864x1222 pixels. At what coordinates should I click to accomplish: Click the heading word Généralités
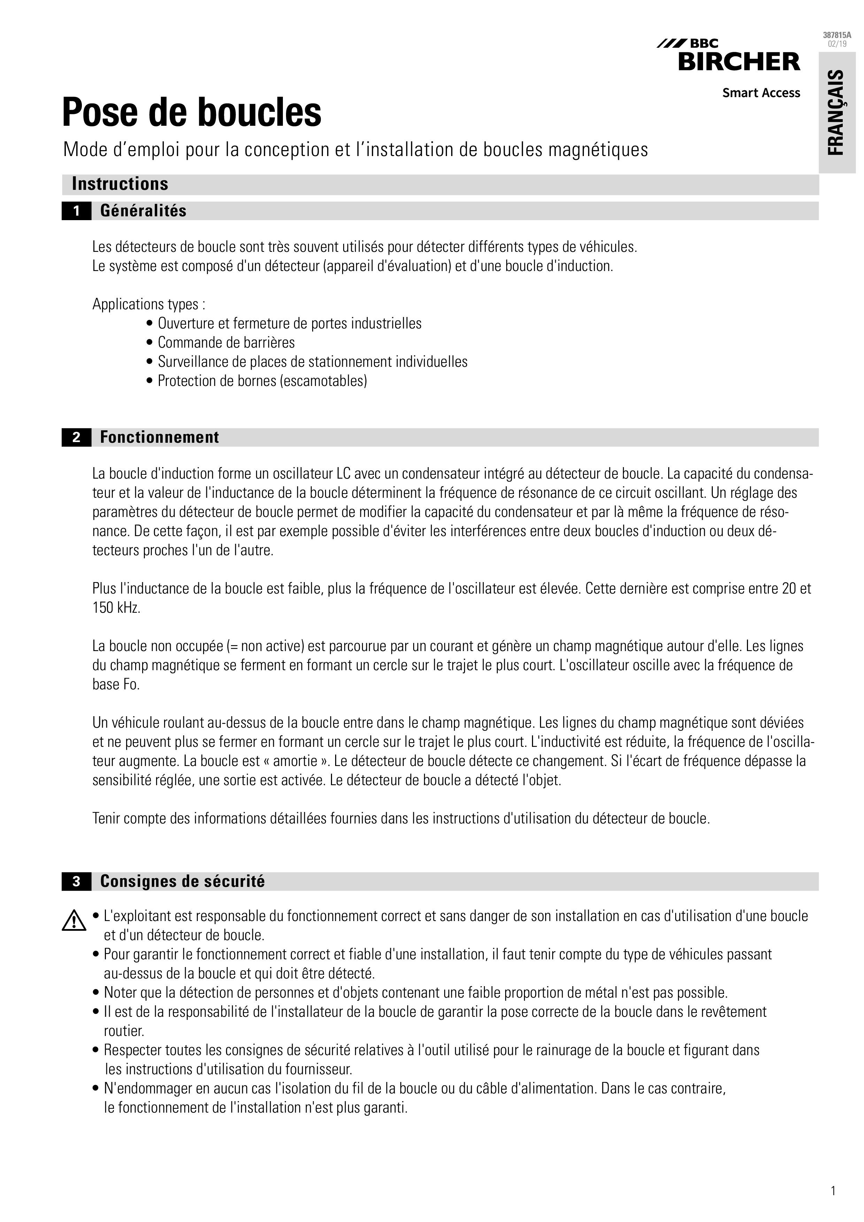click(x=143, y=211)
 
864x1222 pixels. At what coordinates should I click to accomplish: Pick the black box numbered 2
click(x=76, y=438)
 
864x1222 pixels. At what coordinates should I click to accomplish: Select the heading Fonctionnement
click(x=159, y=438)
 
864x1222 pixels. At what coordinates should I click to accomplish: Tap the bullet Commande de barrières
click(x=226, y=342)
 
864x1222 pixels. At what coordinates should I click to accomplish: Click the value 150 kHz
click(x=116, y=608)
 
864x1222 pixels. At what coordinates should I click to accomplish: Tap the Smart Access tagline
click(x=761, y=93)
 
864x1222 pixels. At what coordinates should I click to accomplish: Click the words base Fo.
click(x=116, y=685)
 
